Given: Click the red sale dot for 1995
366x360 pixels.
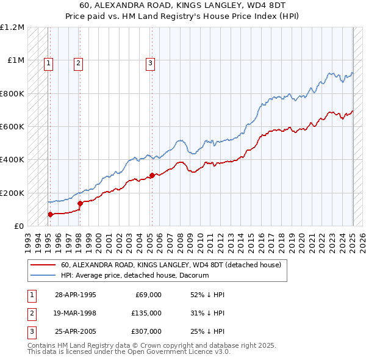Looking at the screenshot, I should coord(51,214).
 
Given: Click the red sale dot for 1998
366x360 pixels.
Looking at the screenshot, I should coord(80,203).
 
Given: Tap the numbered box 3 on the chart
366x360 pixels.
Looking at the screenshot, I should coord(150,62).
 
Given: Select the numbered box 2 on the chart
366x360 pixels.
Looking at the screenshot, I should coord(79,62).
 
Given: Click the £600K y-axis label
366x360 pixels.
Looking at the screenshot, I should coord(12,127).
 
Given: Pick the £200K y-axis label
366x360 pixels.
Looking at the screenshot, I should coord(12,193).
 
